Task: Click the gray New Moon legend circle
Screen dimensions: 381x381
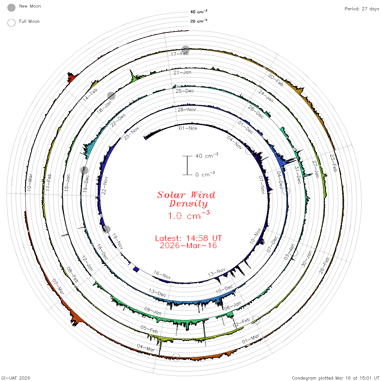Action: coord(11,8)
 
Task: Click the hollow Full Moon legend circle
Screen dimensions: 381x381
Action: coord(11,23)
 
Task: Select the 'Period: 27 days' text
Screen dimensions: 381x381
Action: coord(362,9)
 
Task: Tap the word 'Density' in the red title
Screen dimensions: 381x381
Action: coord(188,204)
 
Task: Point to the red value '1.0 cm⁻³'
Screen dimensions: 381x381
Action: coord(189,215)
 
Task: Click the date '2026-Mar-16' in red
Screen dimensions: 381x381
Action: coord(188,245)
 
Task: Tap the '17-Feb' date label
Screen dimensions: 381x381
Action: coord(180,54)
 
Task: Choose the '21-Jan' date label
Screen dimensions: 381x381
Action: coord(182,72)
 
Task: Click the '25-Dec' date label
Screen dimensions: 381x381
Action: coord(185,91)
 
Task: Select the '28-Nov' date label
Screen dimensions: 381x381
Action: coord(187,109)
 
